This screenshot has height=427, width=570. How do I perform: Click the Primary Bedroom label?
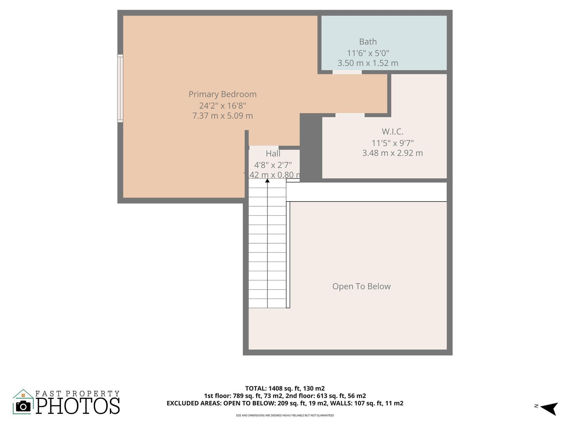223,94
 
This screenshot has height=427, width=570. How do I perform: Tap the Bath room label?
368,42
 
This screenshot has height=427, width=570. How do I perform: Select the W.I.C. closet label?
392,131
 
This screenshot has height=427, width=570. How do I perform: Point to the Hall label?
273,153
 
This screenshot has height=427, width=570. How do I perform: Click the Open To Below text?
362,286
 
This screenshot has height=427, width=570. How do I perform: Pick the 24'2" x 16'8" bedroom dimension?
223,106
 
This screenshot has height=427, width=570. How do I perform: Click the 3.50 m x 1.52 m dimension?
368,63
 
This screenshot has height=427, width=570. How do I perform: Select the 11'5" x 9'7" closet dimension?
393,143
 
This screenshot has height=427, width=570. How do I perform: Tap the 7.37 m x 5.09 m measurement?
223,116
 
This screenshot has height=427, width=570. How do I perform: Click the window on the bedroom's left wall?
120,88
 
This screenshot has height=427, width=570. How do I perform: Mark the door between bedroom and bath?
347,72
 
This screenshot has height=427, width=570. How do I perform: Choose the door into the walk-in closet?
350,115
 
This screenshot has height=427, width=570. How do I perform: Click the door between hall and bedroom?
264,148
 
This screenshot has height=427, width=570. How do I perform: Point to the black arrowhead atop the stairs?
267,181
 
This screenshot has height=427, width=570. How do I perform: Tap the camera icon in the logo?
23,406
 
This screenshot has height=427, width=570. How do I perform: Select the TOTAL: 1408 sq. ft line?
285,388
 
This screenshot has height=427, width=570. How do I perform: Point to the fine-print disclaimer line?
285,415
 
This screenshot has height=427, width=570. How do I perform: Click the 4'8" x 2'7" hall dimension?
273,165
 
